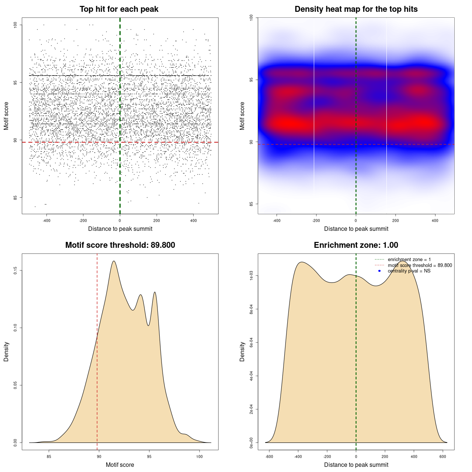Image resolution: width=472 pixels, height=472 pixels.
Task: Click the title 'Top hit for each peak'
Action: pyautogui.click(x=119, y=9)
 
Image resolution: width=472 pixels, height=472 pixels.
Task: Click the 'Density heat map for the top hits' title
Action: pyautogui.click(x=356, y=9)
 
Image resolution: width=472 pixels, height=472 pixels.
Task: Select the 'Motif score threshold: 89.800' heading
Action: pyautogui.click(x=120, y=245)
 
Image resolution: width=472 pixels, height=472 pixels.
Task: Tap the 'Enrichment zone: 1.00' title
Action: pyautogui.click(x=356, y=245)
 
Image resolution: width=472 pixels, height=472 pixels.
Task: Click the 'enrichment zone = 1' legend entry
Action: pyautogui.click(x=409, y=260)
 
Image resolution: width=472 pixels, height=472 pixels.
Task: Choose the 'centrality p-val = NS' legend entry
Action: pyautogui.click(x=409, y=271)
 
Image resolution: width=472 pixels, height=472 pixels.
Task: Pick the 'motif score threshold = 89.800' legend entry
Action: pyautogui.click(x=420, y=265)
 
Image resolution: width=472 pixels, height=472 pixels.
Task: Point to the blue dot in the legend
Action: pyautogui.click(x=379, y=271)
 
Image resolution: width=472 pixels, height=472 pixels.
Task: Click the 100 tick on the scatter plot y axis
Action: pyautogui.click(x=15, y=25)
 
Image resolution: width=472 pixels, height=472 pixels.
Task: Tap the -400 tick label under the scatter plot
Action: pyautogui.click(x=46, y=221)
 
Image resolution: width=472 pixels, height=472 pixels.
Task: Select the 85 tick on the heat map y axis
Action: pyautogui.click(x=251, y=204)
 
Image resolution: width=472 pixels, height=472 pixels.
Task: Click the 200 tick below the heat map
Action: pyautogui.click(x=395, y=221)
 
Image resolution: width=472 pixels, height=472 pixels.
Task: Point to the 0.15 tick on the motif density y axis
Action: pyautogui.click(x=15, y=271)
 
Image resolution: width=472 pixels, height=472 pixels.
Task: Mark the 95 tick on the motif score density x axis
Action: pyautogui.click(x=149, y=457)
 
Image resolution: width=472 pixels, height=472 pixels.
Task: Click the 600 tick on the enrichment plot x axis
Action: pyautogui.click(x=443, y=457)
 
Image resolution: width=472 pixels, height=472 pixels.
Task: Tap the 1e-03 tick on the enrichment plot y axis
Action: pyautogui.click(x=251, y=276)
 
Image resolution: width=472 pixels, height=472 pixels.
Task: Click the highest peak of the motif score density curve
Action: pyautogui.click(x=114, y=261)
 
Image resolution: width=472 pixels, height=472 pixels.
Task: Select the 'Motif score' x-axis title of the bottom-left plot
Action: pyautogui.click(x=120, y=465)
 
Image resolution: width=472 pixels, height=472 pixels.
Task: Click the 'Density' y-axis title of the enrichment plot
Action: pyautogui.click(x=242, y=351)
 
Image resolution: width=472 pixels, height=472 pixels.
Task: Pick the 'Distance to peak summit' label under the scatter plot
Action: pyautogui.click(x=120, y=229)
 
